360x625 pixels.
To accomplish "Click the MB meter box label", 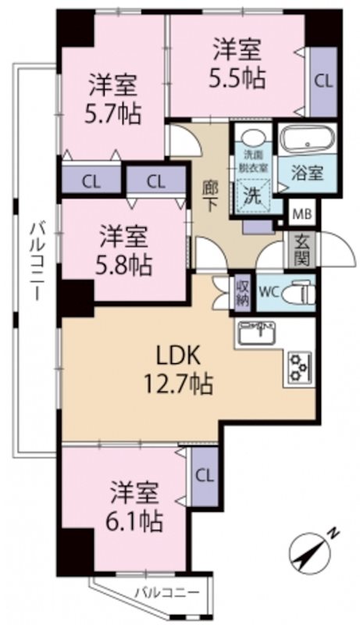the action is tap(303, 213).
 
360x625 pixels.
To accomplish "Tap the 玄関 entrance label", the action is tap(302, 249).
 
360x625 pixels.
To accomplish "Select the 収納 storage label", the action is tap(242, 293).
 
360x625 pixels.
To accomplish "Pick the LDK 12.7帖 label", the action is tap(178, 370).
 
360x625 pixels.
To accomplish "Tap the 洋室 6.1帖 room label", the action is tap(135, 506).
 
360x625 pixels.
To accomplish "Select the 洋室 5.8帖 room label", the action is tap(123, 251).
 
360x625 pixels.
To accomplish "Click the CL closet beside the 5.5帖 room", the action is tap(323, 82).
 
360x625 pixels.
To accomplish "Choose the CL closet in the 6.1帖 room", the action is tap(205, 477).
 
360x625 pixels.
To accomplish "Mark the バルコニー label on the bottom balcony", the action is tap(166, 592).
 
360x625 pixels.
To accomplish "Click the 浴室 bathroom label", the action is tap(307, 173).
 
